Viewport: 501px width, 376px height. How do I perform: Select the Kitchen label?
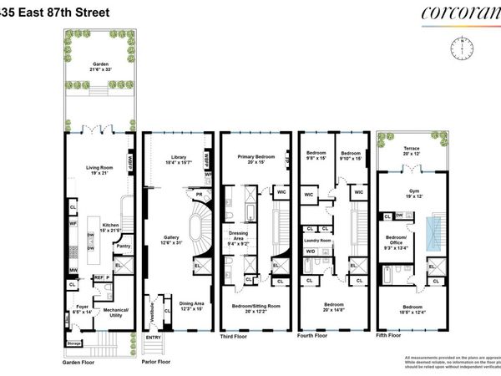pyautogui.click(x=112, y=226)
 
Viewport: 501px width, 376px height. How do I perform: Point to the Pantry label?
pyautogui.click(x=123, y=246)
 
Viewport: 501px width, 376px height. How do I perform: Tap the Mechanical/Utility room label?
pyautogui.click(x=114, y=312)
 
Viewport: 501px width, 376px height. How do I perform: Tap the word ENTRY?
pyautogui.click(x=153, y=337)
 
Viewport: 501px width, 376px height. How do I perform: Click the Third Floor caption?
pyautogui.click(x=240, y=338)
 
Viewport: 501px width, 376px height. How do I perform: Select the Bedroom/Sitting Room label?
pyautogui.click(x=255, y=308)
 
